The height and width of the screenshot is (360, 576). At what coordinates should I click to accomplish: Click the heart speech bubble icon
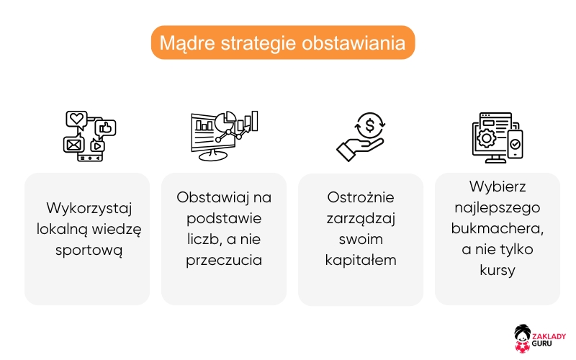pyautogui.click(x=76, y=119)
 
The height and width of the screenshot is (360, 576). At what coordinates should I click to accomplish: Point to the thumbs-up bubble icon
pyautogui.click(x=107, y=128)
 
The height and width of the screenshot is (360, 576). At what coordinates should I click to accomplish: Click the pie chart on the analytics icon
pyautogui.click(x=230, y=120)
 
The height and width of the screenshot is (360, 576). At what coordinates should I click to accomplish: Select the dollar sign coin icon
pyautogui.click(x=370, y=125)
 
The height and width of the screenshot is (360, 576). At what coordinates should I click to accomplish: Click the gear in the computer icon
pyautogui.click(x=487, y=136)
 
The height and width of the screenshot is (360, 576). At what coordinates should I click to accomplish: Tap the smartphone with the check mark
pyautogui.click(x=515, y=144)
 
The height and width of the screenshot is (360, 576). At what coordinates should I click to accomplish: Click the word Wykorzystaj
pyautogui.click(x=86, y=209)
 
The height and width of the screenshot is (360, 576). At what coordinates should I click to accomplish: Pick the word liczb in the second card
pyautogui.click(x=199, y=239)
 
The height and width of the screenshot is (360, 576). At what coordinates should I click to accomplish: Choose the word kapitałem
pyautogui.click(x=360, y=260)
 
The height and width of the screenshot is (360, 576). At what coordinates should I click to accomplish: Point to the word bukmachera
pyautogui.click(x=497, y=228)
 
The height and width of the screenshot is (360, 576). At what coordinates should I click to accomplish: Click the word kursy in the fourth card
pyautogui.click(x=497, y=269)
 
